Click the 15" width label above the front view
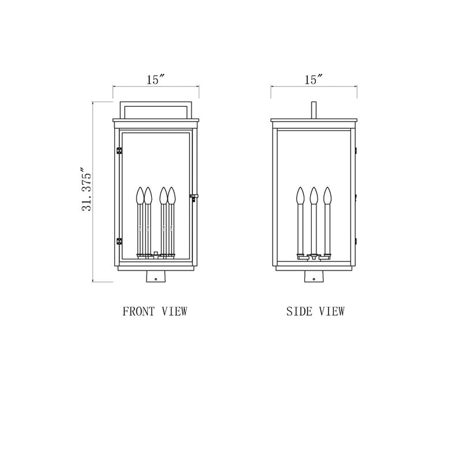coord(155,80)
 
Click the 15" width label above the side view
coord(314,80)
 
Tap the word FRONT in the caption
coord(139,311)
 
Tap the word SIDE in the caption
coord(299,311)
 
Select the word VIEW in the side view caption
coord(332,311)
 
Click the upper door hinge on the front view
coord(120,151)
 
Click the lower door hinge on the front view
coord(120,241)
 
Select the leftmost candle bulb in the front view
coord(140,195)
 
